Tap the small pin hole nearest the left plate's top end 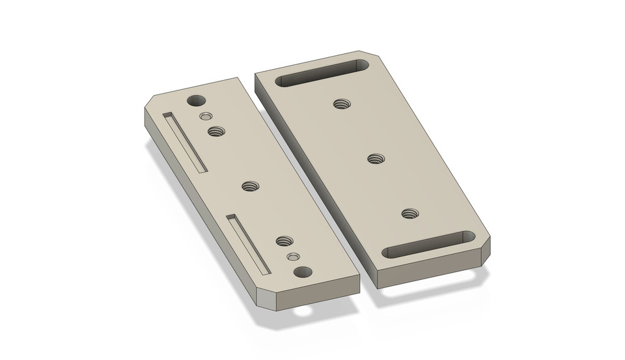click(206, 117)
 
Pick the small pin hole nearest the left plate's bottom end click(294, 257)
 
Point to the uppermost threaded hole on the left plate click(215, 132)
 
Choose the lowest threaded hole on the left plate click(283, 241)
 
